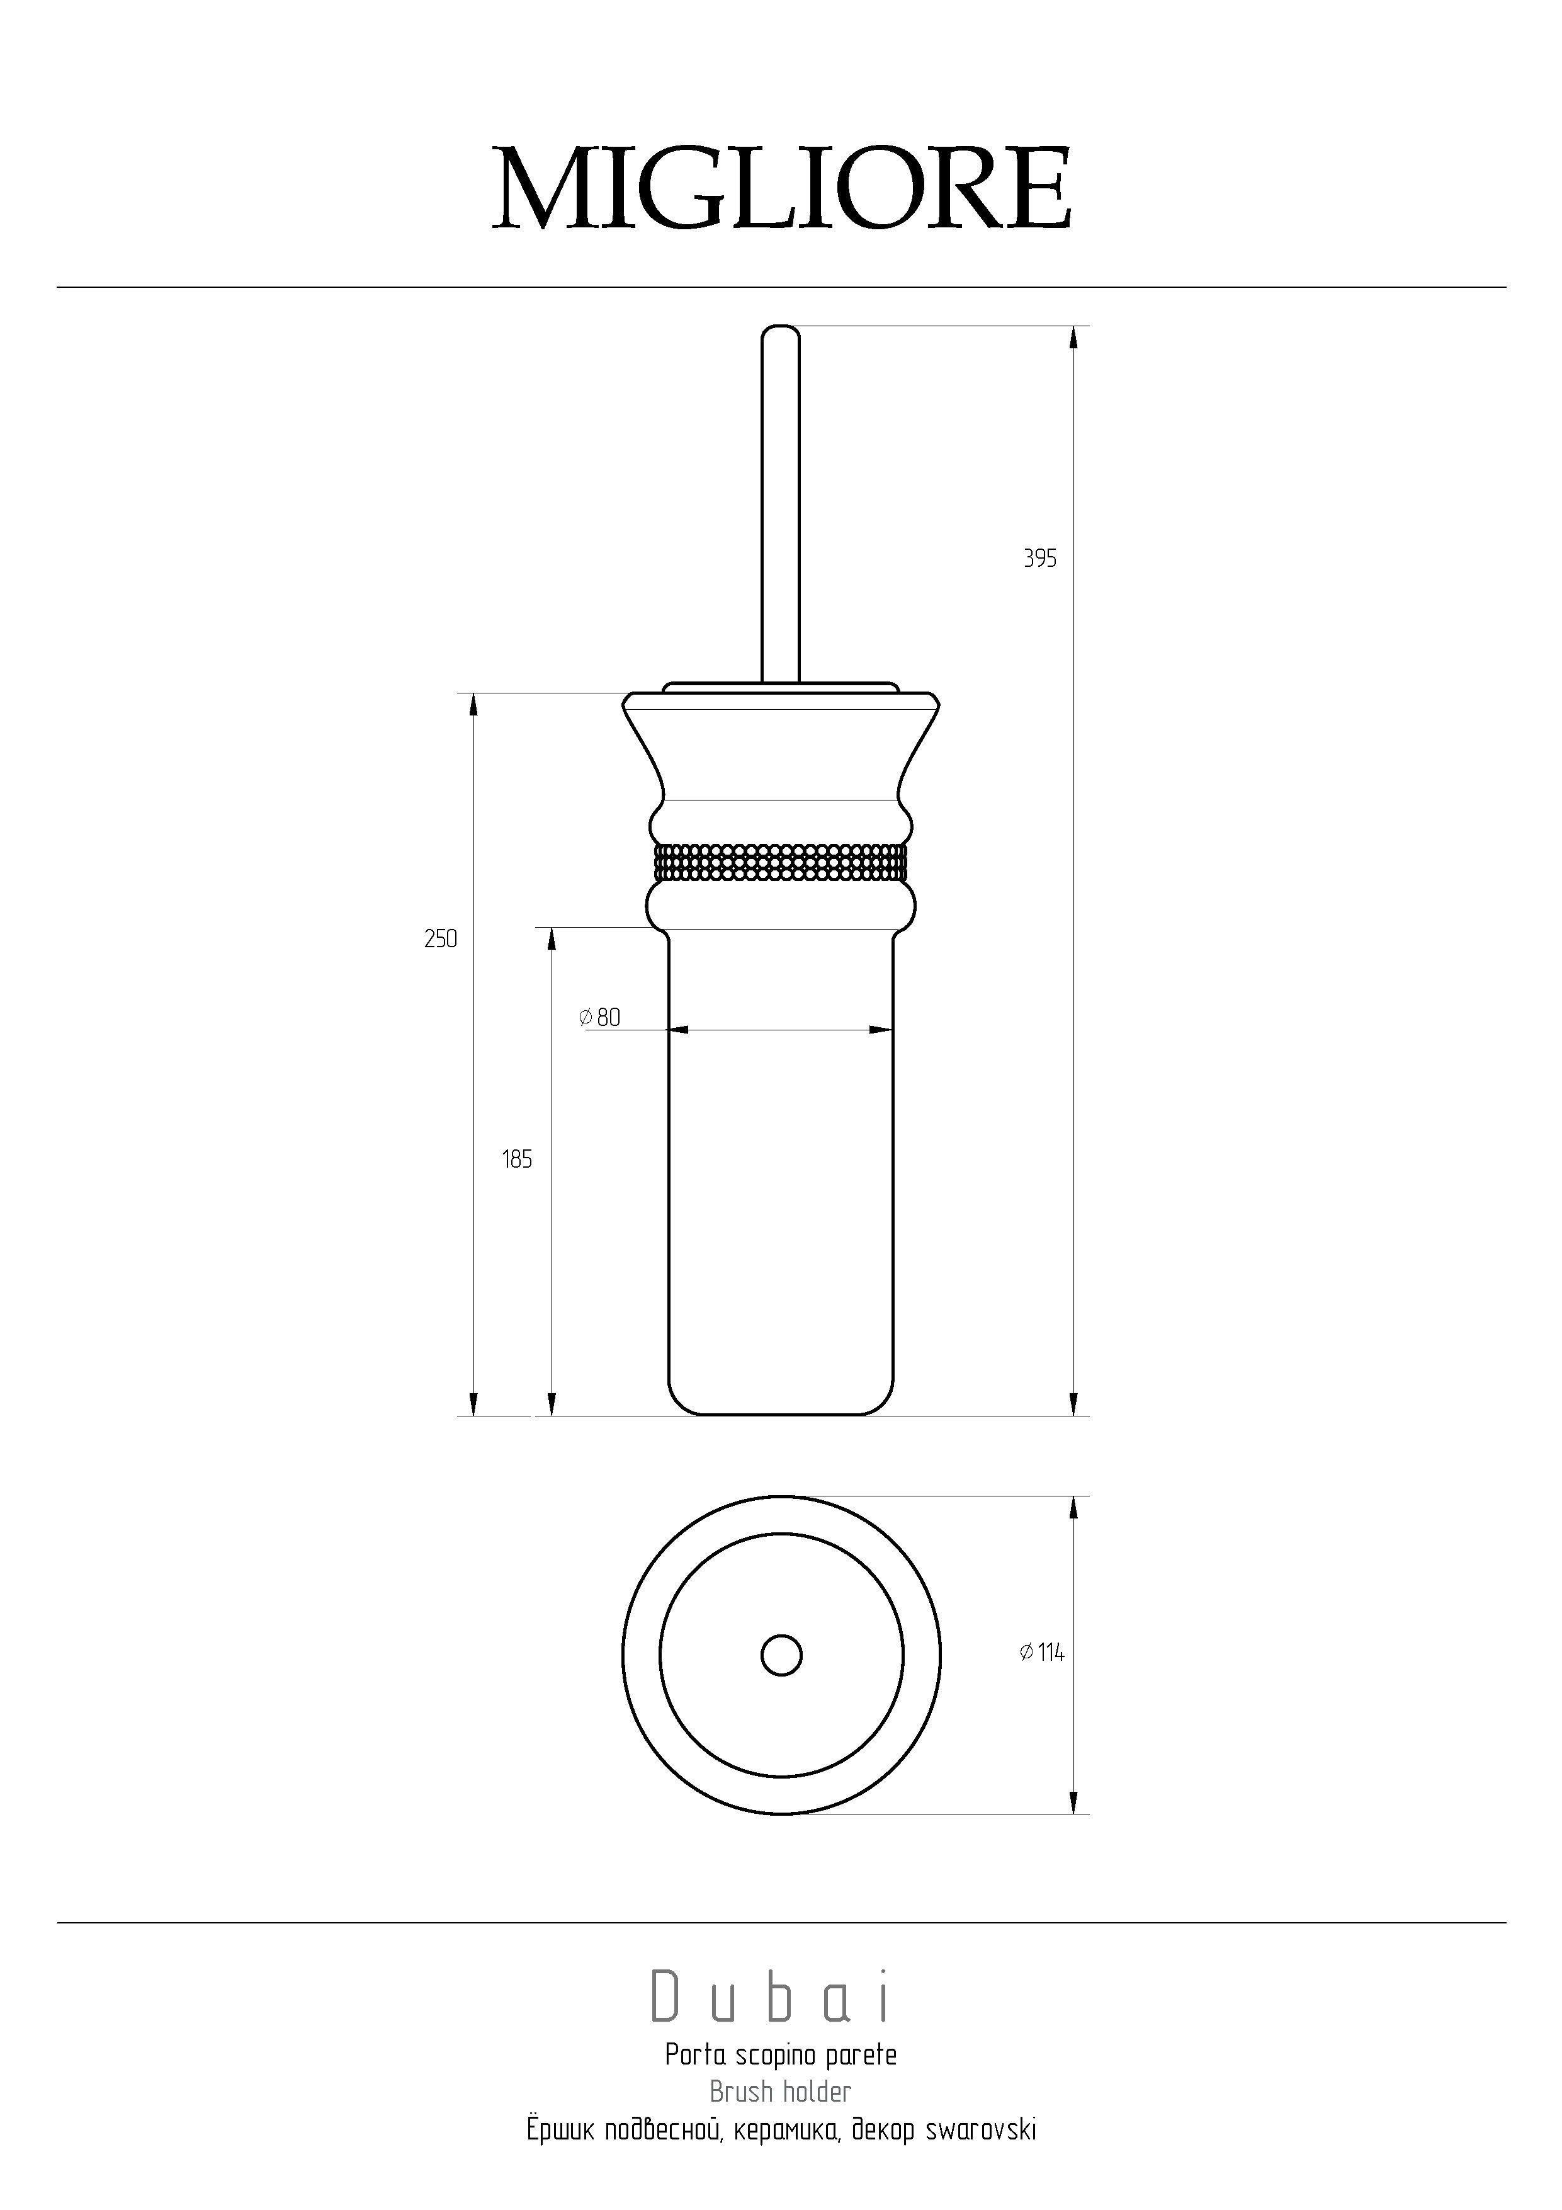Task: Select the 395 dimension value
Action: click(1039, 558)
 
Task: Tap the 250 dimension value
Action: click(441, 938)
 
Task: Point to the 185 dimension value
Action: click(517, 1159)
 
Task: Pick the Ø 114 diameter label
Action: click(1041, 1652)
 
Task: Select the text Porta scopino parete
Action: click(781, 2055)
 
